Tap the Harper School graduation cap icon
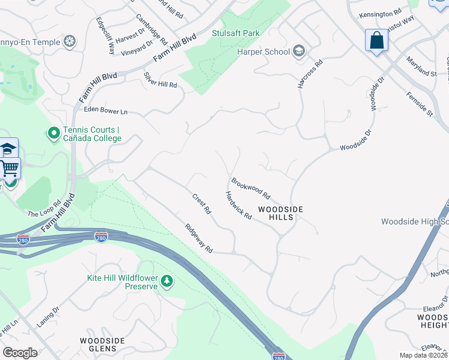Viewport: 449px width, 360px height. coord(298,52)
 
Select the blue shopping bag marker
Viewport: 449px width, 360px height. coord(376,41)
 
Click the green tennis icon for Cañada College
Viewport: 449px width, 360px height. coord(53,132)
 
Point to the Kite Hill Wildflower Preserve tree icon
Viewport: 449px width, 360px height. coord(166,280)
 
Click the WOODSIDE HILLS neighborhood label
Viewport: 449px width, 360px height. coord(280,213)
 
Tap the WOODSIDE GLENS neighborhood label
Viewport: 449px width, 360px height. coord(102,344)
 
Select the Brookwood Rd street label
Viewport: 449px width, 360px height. coord(251,188)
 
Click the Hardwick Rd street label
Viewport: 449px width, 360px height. coord(238,205)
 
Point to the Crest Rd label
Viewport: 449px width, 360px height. coord(202,204)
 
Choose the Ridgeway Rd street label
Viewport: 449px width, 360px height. coord(199,238)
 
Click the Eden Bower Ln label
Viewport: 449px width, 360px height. coord(106,110)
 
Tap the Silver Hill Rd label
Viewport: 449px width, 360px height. coord(160,80)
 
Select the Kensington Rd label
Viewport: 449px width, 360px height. coord(380,13)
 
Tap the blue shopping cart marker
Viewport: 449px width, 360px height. coord(10,169)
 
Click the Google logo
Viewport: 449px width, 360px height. coord(20,353)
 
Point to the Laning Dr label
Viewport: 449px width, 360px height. coord(51,319)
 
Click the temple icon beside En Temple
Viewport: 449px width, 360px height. coord(70,41)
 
